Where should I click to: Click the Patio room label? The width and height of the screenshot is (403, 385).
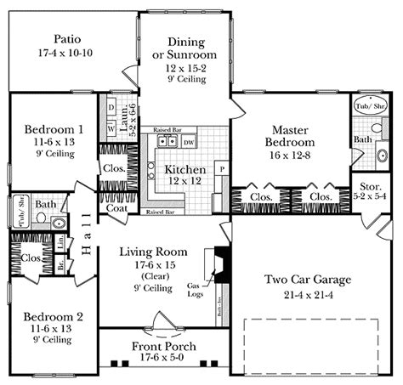pos(67,38)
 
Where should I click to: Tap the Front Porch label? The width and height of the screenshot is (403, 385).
pos(163,347)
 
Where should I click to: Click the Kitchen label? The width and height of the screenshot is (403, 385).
pos(185,169)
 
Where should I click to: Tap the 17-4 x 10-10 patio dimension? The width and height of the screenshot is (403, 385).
pos(67,53)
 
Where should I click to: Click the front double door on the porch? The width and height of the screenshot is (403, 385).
pos(157,326)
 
